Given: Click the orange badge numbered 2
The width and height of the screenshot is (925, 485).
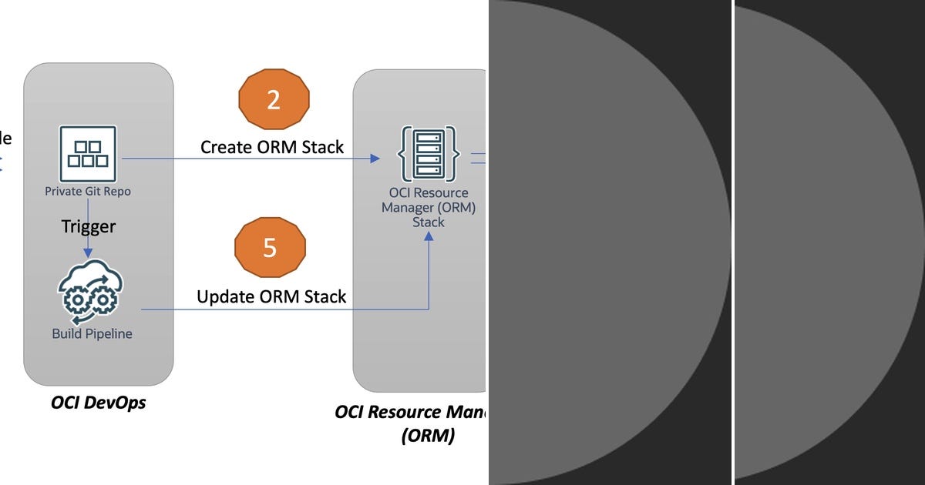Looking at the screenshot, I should point(274,100).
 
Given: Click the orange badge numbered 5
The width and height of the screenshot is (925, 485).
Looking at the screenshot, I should point(270,248).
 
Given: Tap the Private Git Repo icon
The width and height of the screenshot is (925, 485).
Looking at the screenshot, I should point(88,153).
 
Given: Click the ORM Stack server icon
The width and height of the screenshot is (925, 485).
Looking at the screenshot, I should point(429,154).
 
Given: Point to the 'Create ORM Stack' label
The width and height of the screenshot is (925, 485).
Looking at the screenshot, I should point(272,147).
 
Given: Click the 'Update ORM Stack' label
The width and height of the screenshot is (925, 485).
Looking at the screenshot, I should point(271,296).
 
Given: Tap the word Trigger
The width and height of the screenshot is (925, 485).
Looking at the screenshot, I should point(89,226).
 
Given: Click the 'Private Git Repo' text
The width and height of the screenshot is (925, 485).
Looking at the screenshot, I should point(88,192).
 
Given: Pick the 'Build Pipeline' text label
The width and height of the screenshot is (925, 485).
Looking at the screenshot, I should point(92,334).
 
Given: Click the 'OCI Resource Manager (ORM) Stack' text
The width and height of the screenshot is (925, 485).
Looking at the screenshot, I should point(429,208).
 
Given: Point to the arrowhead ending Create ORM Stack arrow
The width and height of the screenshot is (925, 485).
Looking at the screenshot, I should point(375,159).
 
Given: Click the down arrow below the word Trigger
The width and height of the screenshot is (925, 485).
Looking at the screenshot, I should point(88,249).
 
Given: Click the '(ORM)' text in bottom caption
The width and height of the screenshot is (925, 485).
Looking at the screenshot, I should point(428,436).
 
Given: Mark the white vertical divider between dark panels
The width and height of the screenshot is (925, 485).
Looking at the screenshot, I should point(732,242).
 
